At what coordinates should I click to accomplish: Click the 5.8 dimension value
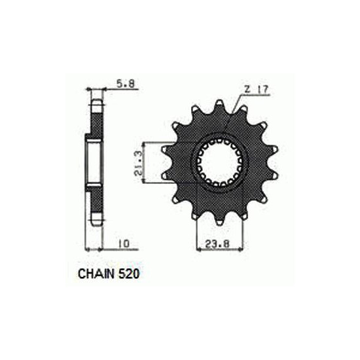pos(126,84)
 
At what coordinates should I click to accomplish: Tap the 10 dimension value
pos(124,244)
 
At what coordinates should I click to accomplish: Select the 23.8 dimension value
pos(217,244)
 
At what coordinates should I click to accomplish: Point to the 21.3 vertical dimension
pos(139,162)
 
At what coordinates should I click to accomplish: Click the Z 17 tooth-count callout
pos(256,89)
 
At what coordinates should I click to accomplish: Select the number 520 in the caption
pos(129,274)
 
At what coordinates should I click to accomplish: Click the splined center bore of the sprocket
pos(219,162)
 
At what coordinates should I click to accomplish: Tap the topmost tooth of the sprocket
pos(219,105)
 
